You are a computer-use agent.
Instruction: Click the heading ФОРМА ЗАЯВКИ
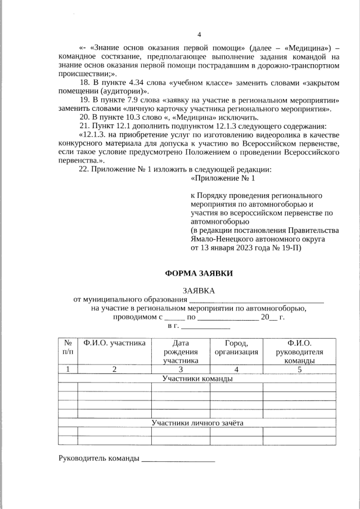(199, 273)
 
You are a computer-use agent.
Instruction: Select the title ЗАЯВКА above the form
(199, 290)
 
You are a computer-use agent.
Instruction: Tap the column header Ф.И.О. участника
(115, 343)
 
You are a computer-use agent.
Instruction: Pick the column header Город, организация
(236, 348)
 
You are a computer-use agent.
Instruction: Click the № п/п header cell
(67, 348)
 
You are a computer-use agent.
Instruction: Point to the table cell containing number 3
(181, 370)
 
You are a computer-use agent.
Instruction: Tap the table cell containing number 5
(299, 370)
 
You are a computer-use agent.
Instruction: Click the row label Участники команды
(197, 379)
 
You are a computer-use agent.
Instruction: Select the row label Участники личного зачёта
(197, 422)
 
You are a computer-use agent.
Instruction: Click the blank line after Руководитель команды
(178, 460)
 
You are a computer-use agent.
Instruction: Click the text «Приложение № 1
(223, 178)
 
